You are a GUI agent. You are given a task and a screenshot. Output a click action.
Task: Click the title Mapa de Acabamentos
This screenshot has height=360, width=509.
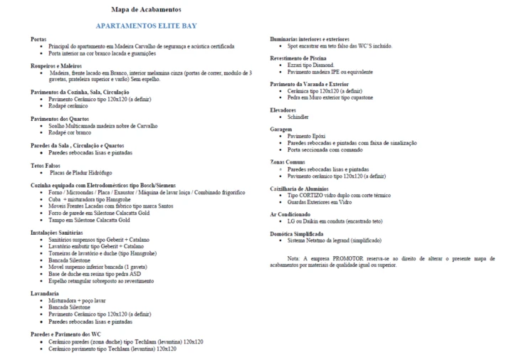(146, 10)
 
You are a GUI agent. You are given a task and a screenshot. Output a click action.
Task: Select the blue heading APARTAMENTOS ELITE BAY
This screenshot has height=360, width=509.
(146, 26)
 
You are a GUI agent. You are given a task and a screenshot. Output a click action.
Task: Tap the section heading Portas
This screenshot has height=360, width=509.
(38, 39)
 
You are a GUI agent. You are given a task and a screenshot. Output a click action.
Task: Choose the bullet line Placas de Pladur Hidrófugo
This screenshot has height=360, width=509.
(80, 172)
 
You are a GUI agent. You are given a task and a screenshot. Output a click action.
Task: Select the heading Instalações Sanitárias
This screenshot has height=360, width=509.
(61, 232)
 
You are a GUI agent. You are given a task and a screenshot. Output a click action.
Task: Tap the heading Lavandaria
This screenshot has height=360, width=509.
(45, 293)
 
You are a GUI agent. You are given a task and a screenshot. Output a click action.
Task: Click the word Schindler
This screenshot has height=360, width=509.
(298, 117)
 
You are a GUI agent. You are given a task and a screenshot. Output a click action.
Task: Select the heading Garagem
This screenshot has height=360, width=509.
(281, 129)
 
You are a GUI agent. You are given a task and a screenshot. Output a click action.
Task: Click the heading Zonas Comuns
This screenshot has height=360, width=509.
(288, 162)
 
